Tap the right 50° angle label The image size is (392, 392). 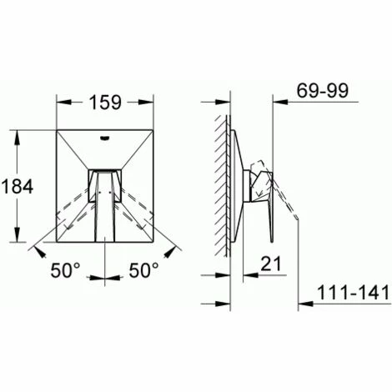(x=143, y=270)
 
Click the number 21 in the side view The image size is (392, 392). (x=267, y=264)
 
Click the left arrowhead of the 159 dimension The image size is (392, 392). (x=60, y=103)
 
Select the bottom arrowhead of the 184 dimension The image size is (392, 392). (x=18, y=242)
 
